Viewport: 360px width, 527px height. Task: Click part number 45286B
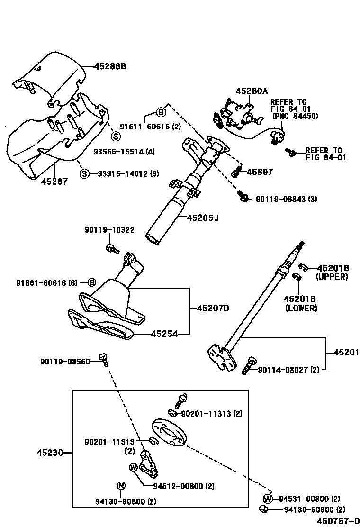110,66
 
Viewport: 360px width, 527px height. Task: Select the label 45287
54,181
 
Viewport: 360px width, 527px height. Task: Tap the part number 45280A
252,91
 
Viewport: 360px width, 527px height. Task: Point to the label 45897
260,172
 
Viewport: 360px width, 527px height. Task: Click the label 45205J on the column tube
202,218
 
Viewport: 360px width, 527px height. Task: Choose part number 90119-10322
109,230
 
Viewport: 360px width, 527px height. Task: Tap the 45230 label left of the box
50,453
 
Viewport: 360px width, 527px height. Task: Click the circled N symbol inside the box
121,485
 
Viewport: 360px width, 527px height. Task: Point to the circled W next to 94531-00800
268,499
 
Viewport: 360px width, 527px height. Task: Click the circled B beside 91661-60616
91,282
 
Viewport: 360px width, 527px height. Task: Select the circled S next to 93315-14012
84,173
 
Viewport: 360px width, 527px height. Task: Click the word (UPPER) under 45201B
332,277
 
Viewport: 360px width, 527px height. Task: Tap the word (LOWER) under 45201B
301,308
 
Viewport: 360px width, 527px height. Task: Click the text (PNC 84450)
295,116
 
